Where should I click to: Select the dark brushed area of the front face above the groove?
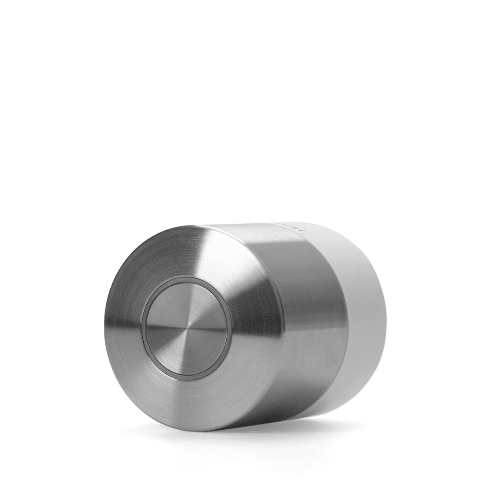pos(171,252)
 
